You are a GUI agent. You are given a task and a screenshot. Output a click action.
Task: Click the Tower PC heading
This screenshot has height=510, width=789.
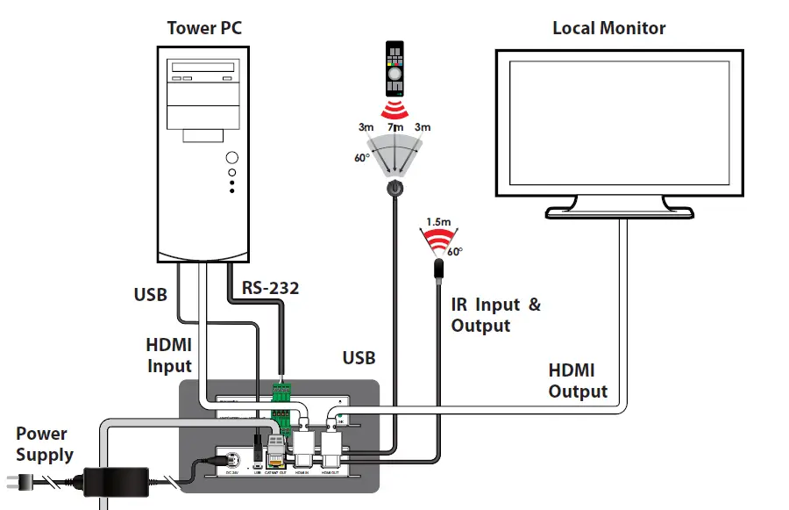point(204,28)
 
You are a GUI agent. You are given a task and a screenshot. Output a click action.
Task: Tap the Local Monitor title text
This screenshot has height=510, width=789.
point(608,28)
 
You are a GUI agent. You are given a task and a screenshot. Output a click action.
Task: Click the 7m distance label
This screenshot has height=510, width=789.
point(395,128)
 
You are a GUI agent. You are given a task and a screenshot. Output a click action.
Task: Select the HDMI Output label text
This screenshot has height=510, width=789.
point(578,381)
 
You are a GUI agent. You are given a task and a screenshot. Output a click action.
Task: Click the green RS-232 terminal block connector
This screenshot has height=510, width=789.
point(281,392)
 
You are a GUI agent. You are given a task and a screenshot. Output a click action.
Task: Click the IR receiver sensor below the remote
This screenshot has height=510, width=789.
point(394,188)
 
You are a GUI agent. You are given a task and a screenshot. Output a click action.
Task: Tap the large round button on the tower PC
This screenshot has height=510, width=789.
point(231,158)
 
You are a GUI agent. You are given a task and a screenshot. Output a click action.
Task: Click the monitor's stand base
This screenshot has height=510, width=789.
point(619,212)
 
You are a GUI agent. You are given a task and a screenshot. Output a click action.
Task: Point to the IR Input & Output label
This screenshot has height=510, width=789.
point(495,315)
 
